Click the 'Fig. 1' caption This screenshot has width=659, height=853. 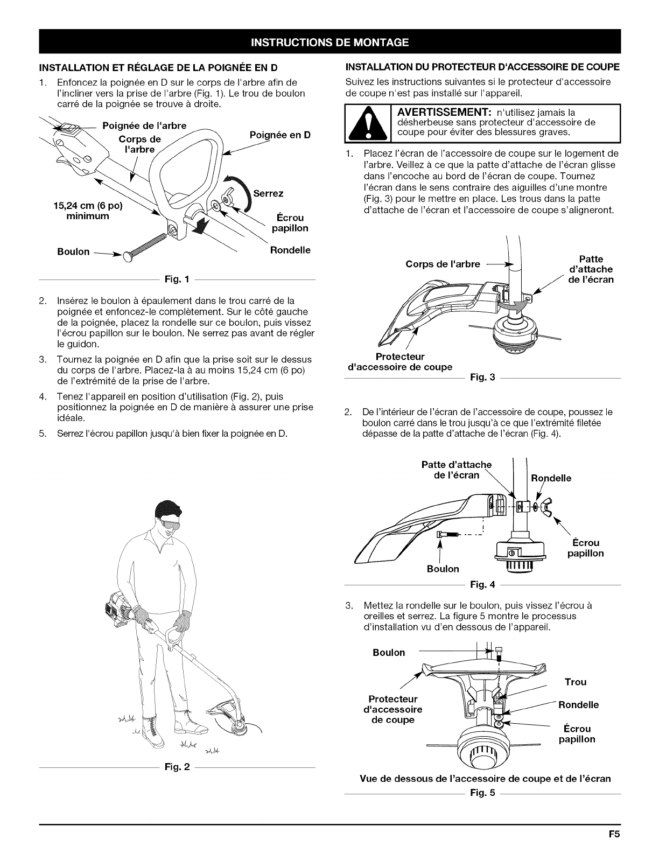(x=176, y=279)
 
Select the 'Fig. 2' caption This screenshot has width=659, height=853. (x=176, y=767)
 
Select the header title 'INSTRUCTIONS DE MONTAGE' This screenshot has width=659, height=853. (x=329, y=43)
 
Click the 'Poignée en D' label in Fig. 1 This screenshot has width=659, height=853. (x=281, y=135)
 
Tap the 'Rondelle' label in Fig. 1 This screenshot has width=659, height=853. (x=290, y=250)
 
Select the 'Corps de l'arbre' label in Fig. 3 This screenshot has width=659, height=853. (x=442, y=264)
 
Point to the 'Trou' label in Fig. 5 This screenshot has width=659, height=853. (x=575, y=682)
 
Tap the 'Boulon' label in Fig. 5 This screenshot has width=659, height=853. (x=389, y=653)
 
